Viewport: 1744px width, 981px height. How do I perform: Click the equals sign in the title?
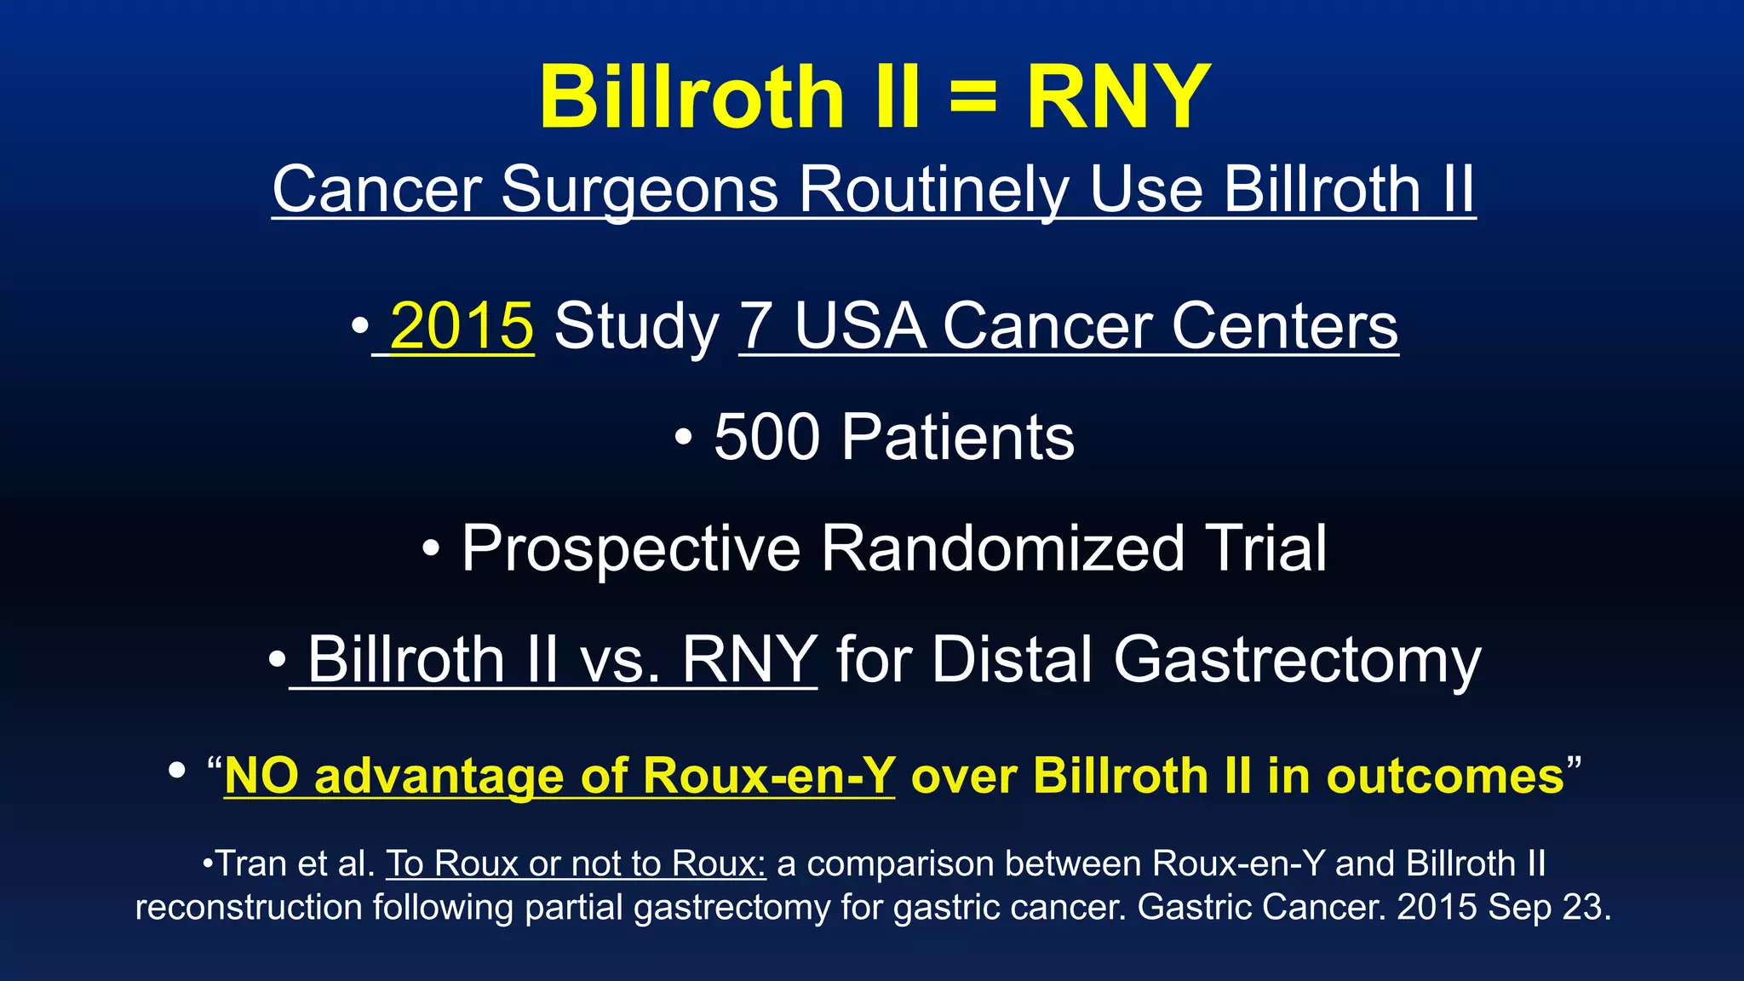972,99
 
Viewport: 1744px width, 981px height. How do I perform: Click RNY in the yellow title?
1118,99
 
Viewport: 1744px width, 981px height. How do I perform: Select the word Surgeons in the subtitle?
639,189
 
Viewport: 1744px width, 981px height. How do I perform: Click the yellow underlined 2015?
462,326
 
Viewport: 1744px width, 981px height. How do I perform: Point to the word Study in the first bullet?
636,328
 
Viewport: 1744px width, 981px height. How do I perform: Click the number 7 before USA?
757,326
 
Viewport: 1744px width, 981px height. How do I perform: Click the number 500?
767,438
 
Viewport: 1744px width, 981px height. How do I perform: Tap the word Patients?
958,438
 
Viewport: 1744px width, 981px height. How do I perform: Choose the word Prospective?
631,549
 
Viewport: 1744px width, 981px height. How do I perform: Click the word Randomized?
1002,549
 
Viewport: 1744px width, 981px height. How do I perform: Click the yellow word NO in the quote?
261,777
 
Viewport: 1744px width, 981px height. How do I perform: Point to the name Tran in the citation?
251,863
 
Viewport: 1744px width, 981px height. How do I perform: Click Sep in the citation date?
1513,908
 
